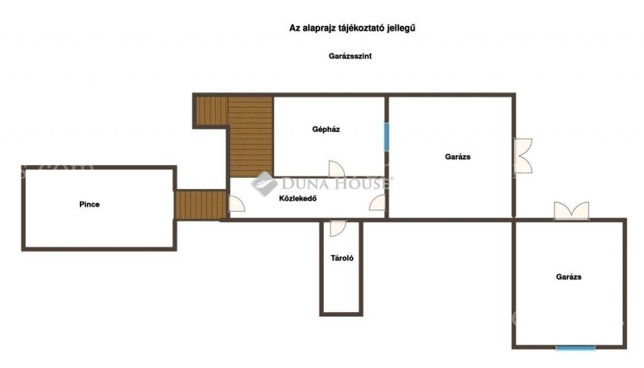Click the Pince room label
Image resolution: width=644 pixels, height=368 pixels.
coord(89,204)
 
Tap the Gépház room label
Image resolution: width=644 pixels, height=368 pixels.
coord(326,129)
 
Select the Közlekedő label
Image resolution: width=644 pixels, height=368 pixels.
coord(298,198)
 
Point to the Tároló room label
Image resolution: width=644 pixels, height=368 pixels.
coord(342,258)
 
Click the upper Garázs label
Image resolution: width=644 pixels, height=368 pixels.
coord(458,156)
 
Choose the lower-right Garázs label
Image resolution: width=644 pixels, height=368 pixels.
coord(569,277)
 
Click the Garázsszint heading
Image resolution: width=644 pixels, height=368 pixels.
coord(350,56)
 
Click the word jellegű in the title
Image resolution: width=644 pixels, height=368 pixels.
coord(401,28)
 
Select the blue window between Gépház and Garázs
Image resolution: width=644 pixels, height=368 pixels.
coord(387,136)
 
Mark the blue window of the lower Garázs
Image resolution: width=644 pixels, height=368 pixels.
coord(576,348)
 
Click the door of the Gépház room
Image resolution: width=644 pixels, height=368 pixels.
coord(336,169)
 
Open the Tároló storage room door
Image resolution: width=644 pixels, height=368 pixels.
coord(338,228)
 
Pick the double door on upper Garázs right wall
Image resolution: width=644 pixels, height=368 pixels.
coord(523,156)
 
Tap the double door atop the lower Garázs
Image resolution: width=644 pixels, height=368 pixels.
coord(571,210)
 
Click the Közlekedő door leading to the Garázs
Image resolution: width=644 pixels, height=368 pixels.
coord(377,202)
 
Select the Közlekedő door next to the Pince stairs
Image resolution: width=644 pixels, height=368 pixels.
coord(237,204)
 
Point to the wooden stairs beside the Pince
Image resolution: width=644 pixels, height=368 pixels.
coord(200,204)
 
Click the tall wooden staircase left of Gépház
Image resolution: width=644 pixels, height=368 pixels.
coord(251,137)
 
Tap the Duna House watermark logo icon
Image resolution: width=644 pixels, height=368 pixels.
coord(264,184)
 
